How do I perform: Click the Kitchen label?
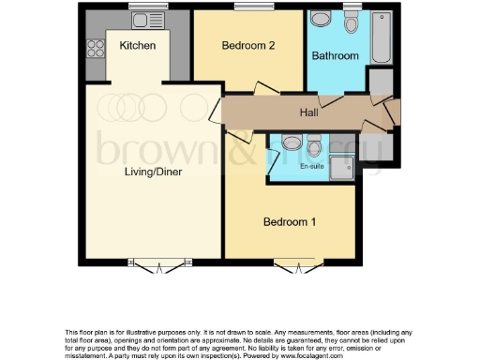tap(137, 45)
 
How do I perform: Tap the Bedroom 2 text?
tap(247, 45)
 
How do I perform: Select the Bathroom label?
tap(336, 56)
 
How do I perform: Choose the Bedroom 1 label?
tap(289, 222)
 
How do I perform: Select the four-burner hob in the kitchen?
tap(96, 45)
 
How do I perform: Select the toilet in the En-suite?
tap(292, 143)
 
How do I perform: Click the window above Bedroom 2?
tap(247, 8)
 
